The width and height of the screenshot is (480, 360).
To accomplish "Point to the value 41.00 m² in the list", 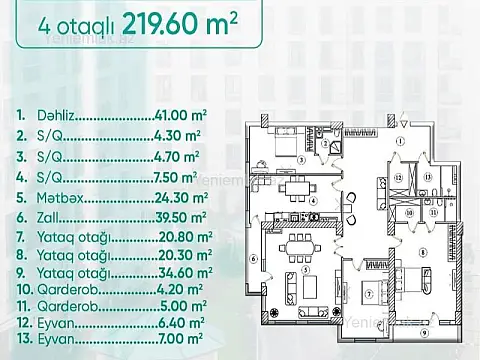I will tap(179, 116).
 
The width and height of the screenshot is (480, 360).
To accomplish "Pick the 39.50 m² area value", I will tap(179, 218).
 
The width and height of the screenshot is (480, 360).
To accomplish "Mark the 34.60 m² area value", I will tap(179, 279).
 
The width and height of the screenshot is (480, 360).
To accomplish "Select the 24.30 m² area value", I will tap(179, 198).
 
